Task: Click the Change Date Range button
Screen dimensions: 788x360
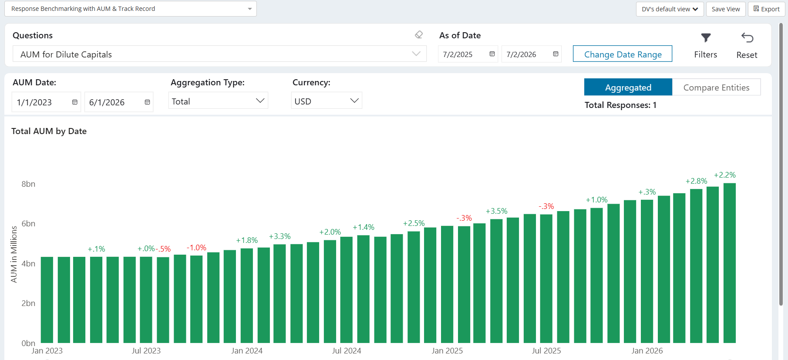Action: (x=622, y=54)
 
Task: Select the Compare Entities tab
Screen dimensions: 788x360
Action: (x=716, y=87)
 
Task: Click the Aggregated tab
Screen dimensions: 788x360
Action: (x=628, y=87)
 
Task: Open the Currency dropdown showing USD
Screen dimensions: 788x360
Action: (x=327, y=101)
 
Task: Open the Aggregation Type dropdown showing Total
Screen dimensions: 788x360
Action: (x=218, y=101)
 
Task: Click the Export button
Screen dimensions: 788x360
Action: (x=766, y=9)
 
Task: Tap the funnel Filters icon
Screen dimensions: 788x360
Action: (x=706, y=38)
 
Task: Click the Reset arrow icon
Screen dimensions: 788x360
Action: (x=747, y=38)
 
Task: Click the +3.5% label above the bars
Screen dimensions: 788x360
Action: (x=497, y=211)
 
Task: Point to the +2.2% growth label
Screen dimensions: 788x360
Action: (x=725, y=175)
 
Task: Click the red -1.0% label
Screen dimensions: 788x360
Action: (x=196, y=248)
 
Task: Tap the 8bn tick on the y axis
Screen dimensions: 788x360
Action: (x=28, y=184)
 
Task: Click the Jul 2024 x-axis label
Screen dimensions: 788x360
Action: (x=347, y=351)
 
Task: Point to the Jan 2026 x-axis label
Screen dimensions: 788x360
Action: (x=647, y=351)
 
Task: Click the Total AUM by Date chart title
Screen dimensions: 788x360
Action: (x=49, y=131)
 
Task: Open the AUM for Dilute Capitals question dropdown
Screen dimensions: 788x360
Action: (x=219, y=54)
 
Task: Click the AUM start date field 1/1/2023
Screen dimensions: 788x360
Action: (x=46, y=102)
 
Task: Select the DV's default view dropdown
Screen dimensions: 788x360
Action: (x=670, y=9)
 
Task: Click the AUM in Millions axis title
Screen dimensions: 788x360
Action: (x=14, y=254)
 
